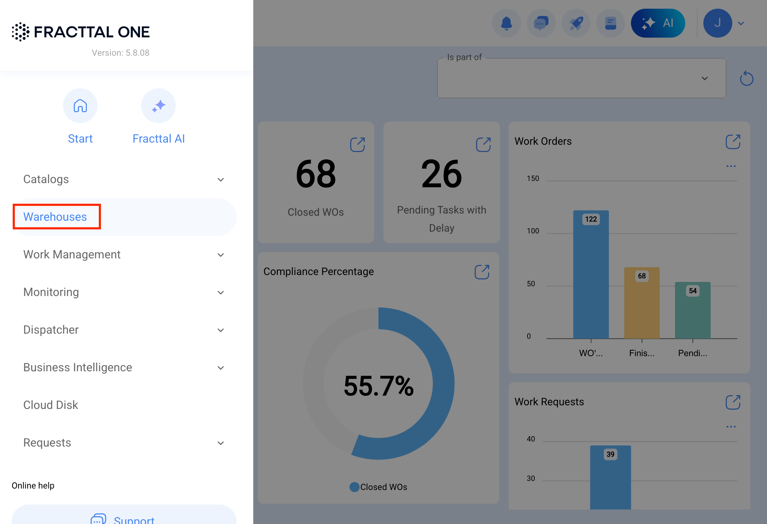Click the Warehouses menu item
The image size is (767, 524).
(55, 216)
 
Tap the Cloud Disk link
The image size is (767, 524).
(51, 405)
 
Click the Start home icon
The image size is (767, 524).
(80, 106)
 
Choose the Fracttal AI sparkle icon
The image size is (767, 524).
(158, 106)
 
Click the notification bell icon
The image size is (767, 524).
(507, 23)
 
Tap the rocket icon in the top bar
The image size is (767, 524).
(576, 23)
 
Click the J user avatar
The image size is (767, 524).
(718, 23)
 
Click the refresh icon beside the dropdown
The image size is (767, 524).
(747, 78)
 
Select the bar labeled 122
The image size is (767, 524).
(591, 274)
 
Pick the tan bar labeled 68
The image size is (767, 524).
(642, 303)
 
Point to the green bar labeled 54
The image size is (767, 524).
(693, 310)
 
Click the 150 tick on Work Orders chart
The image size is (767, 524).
(533, 178)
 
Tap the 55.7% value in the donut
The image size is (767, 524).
(379, 386)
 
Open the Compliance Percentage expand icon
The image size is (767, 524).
(482, 272)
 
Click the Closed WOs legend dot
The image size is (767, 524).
(355, 487)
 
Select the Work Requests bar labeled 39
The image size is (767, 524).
(611, 477)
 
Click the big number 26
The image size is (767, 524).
(442, 174)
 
